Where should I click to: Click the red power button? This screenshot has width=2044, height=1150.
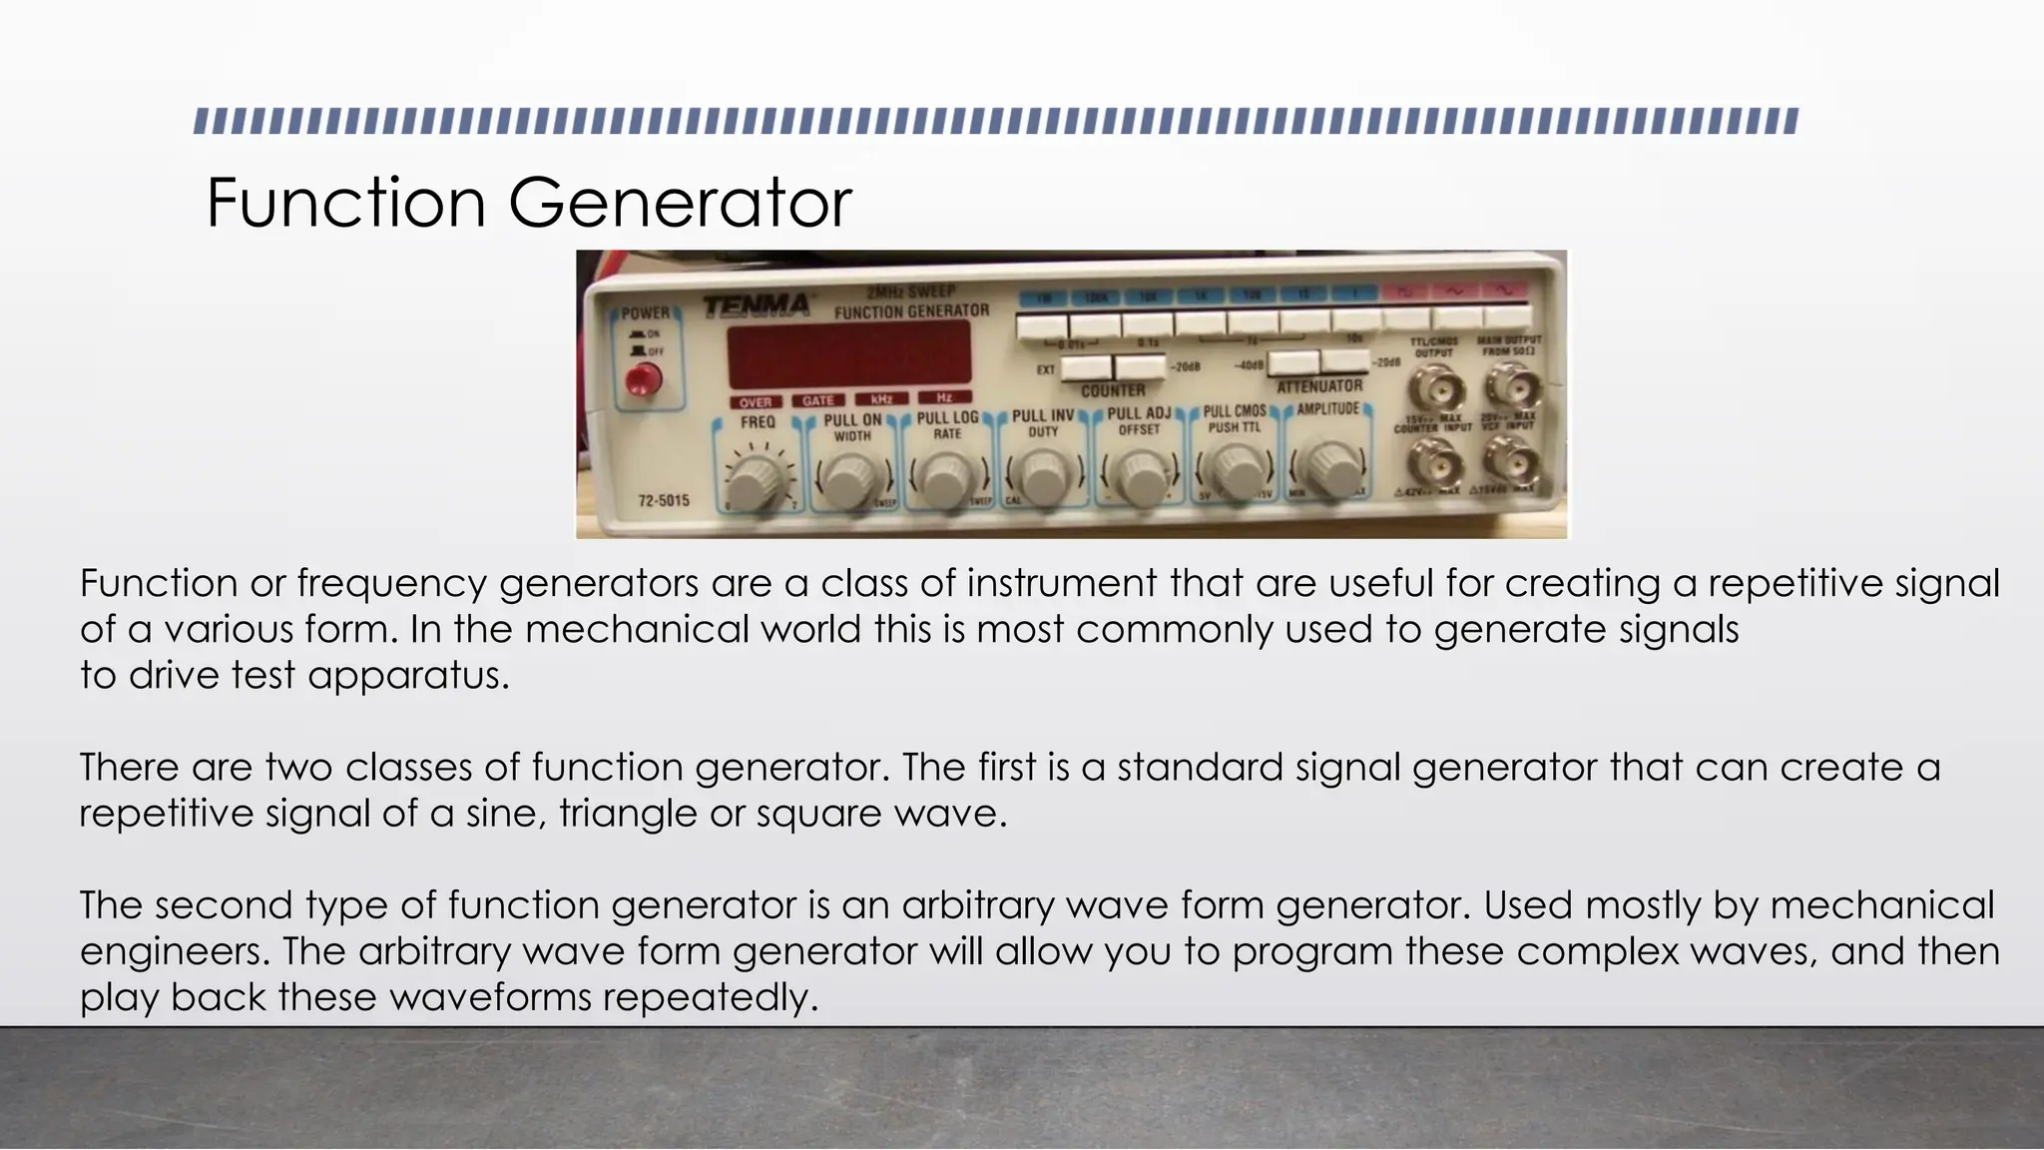pyautogui.click(x=643, y=380)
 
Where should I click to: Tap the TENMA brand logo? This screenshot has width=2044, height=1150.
pyautogui.click(x=757, y=304)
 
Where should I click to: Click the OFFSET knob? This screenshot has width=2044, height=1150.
pyautogui.click(x=1140, y=477)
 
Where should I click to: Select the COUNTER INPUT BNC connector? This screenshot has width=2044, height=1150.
pyautogui.click(x=1433, y=462)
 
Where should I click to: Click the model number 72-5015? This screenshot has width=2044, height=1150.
pyautogui.click(x=664, y=500)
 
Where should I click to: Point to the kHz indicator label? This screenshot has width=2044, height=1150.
pyautogui.click(x=881, y=399)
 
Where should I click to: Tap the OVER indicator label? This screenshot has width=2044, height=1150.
pyautogui.click(x=756, y=402)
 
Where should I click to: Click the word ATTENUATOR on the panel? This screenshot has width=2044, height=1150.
pyautogui.click(x=1319, y=386)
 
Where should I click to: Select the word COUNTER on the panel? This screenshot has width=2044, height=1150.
pyautogui.click(x=1113, y=390)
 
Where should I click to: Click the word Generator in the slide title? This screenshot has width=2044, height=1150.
pyautogui.click(x=680, y=203)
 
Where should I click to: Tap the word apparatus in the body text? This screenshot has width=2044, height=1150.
pyautogui.click(x=408, y=677)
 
